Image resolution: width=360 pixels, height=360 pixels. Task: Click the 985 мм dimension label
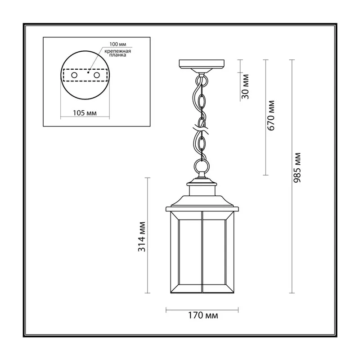[x=297, y=167]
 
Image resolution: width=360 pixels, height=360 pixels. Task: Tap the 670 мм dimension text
[x=271, y=116]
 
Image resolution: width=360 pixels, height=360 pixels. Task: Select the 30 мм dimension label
[x=245, y=86]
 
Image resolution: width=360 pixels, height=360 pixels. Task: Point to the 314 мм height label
[x=142, y=237]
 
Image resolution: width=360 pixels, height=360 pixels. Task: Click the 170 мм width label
[x=203, y=315]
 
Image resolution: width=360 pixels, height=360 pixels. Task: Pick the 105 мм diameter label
[x=85, y=113]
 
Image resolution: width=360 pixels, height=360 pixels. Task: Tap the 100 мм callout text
[x=118, y=44]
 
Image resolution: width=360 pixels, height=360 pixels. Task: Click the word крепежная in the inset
[x=118, y=51]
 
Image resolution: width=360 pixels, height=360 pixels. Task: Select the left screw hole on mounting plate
[x=74, y=75]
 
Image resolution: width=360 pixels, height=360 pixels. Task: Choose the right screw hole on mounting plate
[x=97, y=75]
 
